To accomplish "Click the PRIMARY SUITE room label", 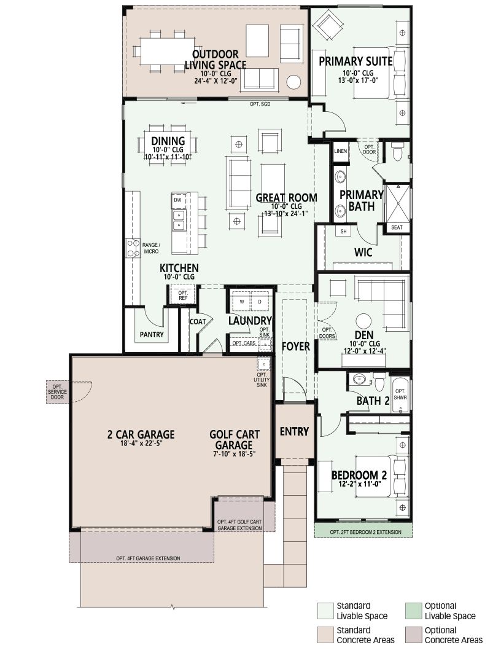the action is point(355,61).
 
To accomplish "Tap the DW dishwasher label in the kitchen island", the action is point(178,200).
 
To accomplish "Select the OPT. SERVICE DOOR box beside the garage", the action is point(57,392).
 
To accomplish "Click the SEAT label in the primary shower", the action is point(397,228).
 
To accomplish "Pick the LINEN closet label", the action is point(341,151).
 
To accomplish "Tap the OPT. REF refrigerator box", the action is point(183,295).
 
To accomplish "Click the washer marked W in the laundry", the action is point(242,302).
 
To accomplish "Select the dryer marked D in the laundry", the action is point(260,302).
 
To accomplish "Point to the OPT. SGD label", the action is point(260,104).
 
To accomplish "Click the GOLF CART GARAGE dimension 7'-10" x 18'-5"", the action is point(235,454).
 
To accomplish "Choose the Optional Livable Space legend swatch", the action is point(413,611).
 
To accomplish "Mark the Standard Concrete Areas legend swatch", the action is point(325,635).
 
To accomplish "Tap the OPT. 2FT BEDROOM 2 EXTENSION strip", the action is point(363,531).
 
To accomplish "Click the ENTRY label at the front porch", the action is point(295,432).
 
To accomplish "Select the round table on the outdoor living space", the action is point(293,82).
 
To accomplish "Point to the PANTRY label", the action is point(152,335).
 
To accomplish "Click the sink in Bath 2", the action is point(359,379).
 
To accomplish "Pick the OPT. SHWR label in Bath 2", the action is point(400,394).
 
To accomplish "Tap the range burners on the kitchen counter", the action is point(134,248).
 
